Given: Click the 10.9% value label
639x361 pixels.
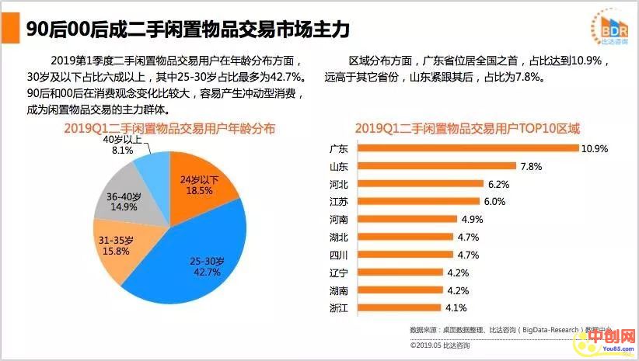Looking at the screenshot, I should [595, 148].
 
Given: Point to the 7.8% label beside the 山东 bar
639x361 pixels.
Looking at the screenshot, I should [531, 166].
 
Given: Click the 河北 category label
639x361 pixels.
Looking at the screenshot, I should [339, 184].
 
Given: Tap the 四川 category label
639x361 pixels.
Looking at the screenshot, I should [339, 255].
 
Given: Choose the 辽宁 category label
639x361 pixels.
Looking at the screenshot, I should [339, 272].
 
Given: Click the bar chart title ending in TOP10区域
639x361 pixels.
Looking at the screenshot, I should [467, 128].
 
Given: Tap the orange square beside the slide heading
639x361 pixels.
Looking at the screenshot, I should [10, 29].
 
